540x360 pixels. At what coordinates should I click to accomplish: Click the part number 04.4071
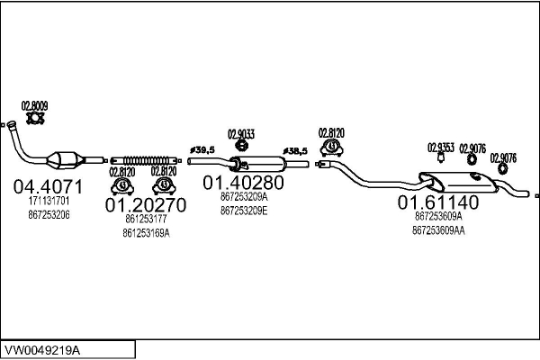(49, 187)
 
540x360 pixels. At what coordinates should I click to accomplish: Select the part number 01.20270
(146, 205)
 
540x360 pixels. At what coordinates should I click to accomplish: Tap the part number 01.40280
(244, 183)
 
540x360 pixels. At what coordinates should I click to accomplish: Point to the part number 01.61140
(438, 202)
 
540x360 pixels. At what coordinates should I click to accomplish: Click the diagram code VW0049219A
(42, 351)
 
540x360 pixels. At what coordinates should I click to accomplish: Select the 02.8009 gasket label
(34, 106)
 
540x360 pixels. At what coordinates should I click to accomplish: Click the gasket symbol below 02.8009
(35, 119)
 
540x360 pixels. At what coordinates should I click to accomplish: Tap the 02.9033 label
(241, 134)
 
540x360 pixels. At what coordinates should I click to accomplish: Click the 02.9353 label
(441, 148)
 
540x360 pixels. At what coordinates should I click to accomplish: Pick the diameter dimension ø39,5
(202, 150)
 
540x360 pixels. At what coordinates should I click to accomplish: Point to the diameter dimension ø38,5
(295, 151)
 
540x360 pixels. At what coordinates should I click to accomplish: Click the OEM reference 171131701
(49, 201)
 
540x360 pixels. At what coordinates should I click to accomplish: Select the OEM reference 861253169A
(146, 234)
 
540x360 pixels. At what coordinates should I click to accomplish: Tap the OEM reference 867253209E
(244, 211)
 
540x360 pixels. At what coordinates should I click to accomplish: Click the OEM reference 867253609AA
(438, 230)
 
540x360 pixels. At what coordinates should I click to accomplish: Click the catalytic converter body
(66, 160)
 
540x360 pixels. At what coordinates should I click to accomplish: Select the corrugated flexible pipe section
(147, 160)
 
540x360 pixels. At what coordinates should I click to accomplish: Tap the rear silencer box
(458, 182)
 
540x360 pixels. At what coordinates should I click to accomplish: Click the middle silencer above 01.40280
(257, 164)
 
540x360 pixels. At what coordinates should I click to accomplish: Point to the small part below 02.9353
(440, 158)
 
